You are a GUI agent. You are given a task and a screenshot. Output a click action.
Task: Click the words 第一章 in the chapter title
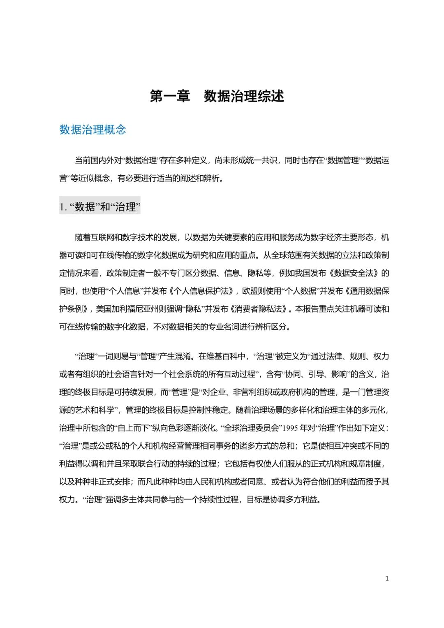pos(170,96)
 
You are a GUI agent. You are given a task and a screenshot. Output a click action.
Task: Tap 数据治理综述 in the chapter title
pos(244,96)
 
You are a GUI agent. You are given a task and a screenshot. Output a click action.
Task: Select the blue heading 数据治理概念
pos(93,130)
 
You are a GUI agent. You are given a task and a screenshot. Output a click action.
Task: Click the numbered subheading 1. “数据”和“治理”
pos(99,206)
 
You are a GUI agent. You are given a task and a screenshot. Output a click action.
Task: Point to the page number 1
pos(387,578)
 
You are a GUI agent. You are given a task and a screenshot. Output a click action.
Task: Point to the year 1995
pos(290,428)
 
